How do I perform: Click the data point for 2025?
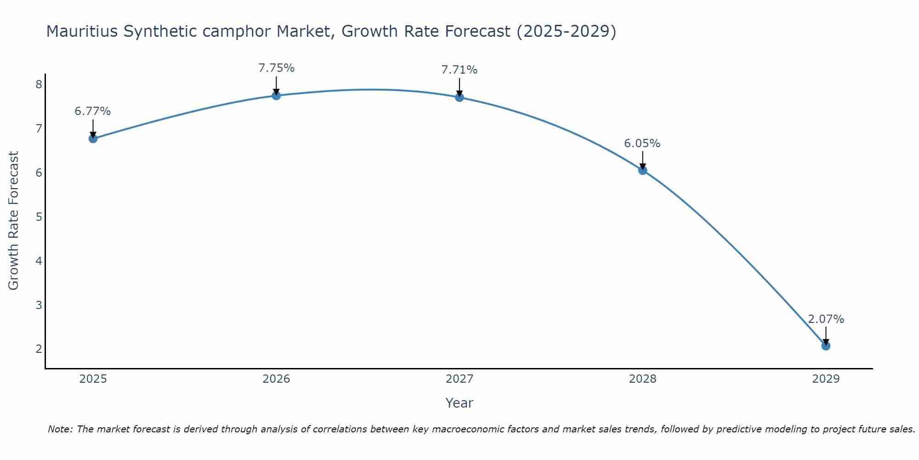click(93, 138)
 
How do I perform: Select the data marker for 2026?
click(276, 96)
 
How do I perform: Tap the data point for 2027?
click(459, 97)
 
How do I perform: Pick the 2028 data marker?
click(642, 170)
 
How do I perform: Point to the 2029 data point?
click(826, 346)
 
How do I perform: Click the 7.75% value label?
click(276, 68)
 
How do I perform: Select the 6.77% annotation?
click(93, 111)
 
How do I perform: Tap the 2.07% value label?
click(826, 319)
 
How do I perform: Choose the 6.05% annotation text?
click(642, 144)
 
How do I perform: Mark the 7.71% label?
click(459, 70)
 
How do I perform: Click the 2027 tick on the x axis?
click(459, 379)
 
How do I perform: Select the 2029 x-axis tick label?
click(826, 379)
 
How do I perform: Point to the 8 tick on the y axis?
click(39, 84)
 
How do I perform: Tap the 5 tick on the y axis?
click(39, 217)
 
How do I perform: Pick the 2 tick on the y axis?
click(39, 349)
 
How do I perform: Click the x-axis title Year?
click(459, 403)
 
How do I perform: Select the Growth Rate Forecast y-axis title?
click(14, 221)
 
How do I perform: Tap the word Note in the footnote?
click(60, 429)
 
